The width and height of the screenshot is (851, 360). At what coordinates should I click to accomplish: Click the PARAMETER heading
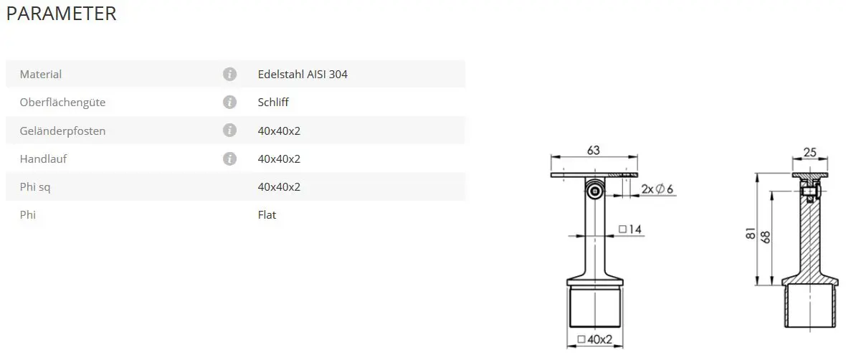(x=62, y=14)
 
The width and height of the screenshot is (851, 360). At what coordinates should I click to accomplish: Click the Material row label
(x=41, y=75)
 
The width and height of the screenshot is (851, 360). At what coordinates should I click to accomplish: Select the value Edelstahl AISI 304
(x=303, y=75)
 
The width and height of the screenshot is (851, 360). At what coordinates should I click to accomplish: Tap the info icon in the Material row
(x=229, y=75)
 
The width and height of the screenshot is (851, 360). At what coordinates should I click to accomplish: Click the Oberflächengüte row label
(x=62, y=102)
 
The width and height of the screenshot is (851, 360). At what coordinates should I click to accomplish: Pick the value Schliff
(x=274, y=102)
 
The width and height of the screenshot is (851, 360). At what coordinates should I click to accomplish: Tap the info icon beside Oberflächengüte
(x=229, y=102)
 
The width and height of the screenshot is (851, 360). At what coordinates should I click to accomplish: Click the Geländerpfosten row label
(x=62, y=131)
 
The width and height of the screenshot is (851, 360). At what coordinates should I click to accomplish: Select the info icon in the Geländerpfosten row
(x=229, y=131)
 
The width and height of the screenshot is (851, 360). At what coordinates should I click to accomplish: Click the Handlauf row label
(x=44, y=159)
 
